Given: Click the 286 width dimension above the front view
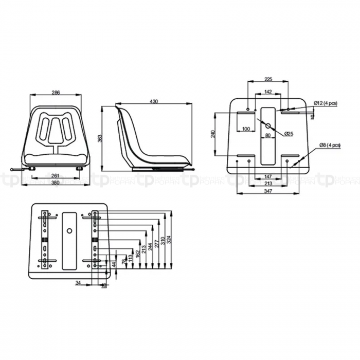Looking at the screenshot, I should pos(56,93).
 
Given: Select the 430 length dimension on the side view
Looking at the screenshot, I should pos(153,102).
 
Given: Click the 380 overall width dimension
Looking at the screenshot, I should pos(56,184).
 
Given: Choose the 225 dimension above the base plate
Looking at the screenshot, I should pos(268,79).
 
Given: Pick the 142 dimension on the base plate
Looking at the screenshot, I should pos(268,92).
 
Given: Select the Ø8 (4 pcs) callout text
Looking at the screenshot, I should pos(330,146).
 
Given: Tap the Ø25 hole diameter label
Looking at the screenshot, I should pos(289,133).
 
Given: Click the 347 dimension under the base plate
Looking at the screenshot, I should pos(267,191).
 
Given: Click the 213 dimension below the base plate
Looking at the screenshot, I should pos(267,183).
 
